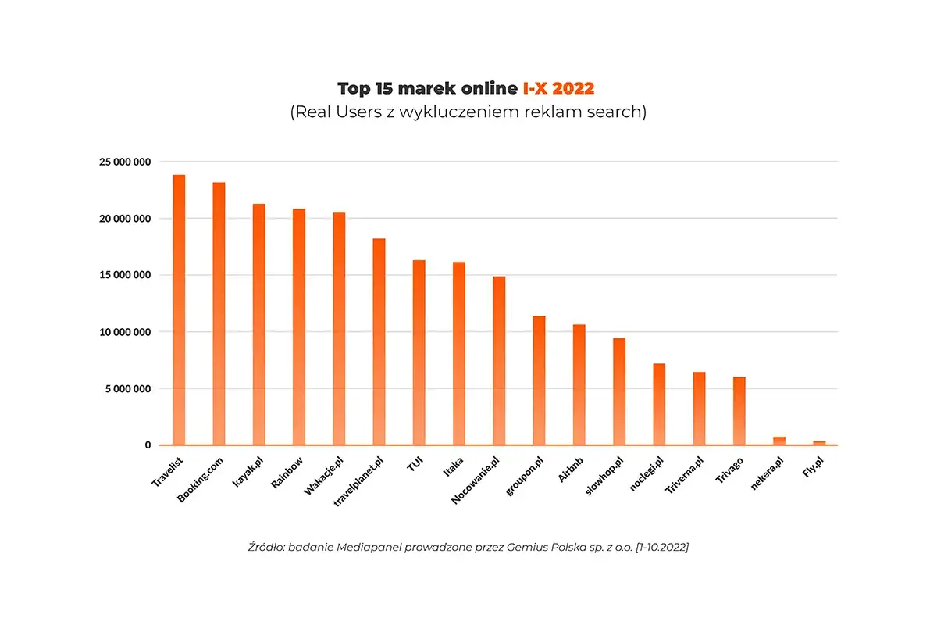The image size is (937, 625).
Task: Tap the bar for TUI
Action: pos(419,352)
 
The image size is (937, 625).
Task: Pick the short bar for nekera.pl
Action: pos(778,441)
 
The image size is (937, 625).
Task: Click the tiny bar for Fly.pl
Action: pos(819,443)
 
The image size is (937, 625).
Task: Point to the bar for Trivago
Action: pos(739,411)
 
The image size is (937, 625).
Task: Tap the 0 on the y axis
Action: pos(147,445)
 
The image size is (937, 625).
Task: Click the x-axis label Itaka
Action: pos(452,469)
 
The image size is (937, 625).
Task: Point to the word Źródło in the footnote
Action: pos(265,548)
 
